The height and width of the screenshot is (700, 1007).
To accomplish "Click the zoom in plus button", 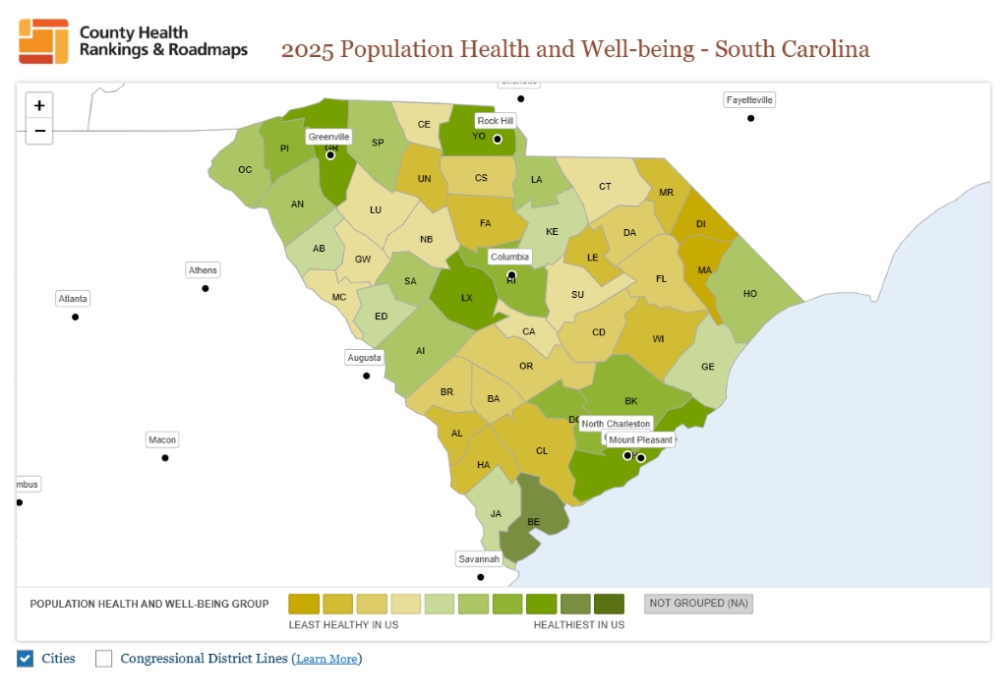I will click(x=39, y=105).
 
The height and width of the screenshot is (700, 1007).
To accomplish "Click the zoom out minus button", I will click(x=39, y=131).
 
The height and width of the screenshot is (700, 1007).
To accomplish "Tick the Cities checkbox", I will click(x=26, y=659).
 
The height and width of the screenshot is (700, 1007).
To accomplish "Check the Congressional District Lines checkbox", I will click(x=104, y=659).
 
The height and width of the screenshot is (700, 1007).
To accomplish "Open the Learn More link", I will click(x=326, y=660).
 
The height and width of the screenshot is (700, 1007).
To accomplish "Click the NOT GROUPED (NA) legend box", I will click(x=699, y=604).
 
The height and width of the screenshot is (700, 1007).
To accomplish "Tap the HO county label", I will click(x=750, y=294).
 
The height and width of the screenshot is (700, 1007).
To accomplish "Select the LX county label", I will click(x=467, y=297).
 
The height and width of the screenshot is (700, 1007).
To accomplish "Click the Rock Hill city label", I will click(x=495, y=121).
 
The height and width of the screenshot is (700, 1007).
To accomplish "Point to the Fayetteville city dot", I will click(x=750, y=118).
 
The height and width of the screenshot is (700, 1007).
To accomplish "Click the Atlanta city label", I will click(x=73, y=299).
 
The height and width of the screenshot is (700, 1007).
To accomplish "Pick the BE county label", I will click(x=534, y=522).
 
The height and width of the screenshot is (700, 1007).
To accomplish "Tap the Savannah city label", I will click(x=480, y=559).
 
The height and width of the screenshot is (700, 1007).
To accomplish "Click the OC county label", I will click(x=245, y=170).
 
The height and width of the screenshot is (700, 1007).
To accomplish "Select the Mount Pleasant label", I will click(x=641, y=440).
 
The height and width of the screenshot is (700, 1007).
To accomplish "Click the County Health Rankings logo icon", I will click(x=43, y=41).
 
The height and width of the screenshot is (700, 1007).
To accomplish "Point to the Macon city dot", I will click(x=165, y=458).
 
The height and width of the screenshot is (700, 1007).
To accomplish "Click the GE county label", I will click(x=708, y=367).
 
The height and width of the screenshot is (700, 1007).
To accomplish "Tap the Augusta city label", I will click(x=364, y=358).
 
